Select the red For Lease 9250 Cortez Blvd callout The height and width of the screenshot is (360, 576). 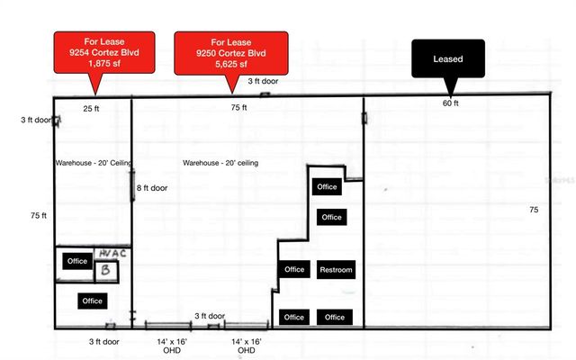231,51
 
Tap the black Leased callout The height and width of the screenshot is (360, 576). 449,59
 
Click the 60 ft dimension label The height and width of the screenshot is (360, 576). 450,103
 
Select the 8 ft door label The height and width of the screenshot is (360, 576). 154,188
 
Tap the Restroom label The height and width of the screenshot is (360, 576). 336,270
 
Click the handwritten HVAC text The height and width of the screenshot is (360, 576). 112,254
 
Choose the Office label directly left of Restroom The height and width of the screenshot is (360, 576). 294,270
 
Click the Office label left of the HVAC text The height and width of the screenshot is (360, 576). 77,261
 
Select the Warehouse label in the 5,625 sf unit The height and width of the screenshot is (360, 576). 220,163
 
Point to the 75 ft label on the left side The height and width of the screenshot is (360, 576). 38,216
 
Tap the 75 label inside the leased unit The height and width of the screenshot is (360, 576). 534,209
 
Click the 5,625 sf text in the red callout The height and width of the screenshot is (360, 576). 231,65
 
